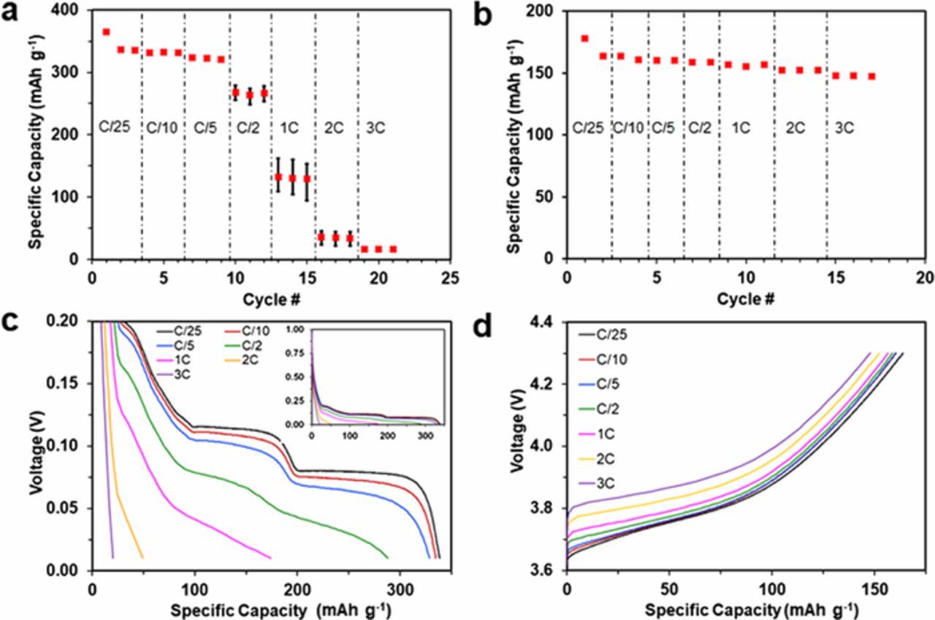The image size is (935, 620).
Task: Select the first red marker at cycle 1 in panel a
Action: tap(106, 32)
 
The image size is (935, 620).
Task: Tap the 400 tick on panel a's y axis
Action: tap(72, 11)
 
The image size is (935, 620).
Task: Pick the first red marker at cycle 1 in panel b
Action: tap(584, 39)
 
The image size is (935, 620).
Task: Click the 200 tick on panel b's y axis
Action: tap(547, 11)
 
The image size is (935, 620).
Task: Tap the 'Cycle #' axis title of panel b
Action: tap(745, 299)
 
